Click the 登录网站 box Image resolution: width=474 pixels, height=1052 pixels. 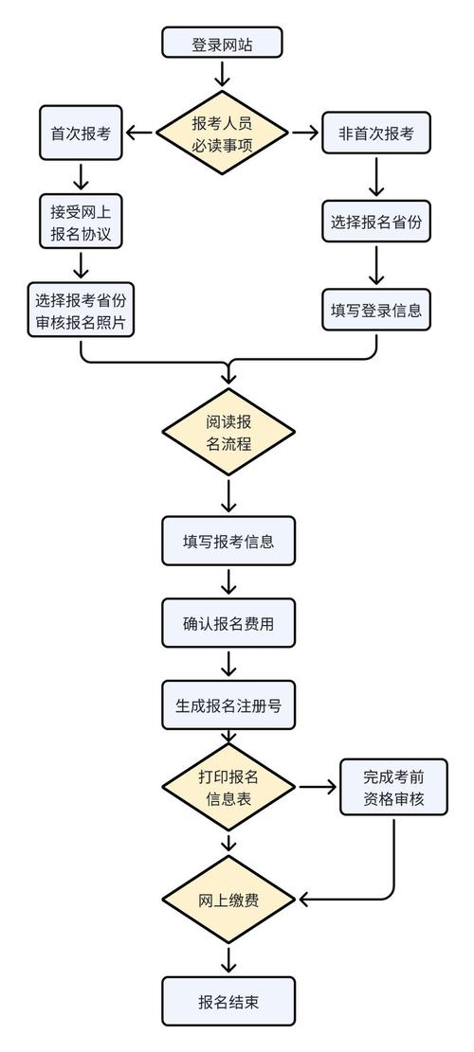222,45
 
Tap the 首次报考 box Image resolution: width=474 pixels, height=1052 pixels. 81,134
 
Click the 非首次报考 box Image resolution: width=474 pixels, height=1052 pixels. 376,134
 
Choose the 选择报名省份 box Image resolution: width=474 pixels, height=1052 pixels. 376,223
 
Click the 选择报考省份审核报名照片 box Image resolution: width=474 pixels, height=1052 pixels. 81,311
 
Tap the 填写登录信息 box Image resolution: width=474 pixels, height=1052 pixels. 376,311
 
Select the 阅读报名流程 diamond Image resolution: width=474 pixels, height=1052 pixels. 228,432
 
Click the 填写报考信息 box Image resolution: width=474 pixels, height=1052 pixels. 228,542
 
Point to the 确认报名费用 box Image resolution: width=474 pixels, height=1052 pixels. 228,623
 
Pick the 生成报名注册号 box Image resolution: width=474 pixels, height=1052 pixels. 228,705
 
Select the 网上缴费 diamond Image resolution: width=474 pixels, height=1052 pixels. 228,900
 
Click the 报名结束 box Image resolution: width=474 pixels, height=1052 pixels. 228,1002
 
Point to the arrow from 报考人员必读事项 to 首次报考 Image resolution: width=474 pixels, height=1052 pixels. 139,134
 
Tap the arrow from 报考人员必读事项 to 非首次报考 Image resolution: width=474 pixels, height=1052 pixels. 304,134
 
